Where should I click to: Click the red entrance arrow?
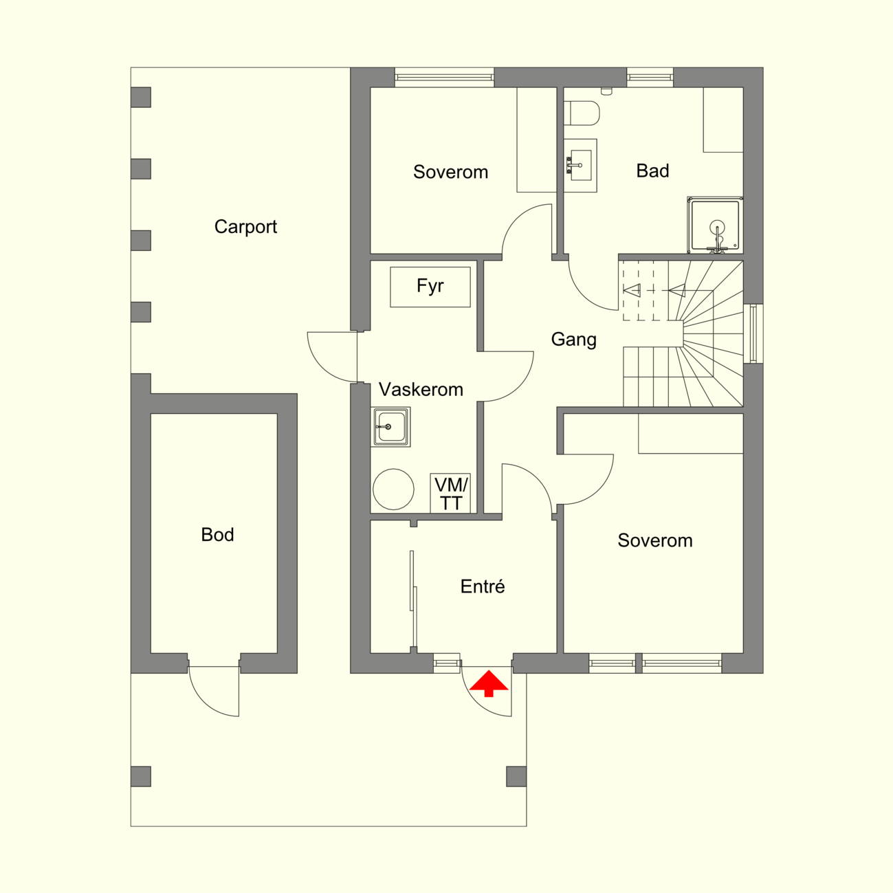coord(489,683)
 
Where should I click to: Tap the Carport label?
coord(245,227)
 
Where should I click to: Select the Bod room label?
coord(217,535)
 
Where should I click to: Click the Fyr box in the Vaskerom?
coord(430,287)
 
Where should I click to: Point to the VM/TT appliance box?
coord(450,494)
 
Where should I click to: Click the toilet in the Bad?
coord(582,113)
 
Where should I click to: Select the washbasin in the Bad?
coord(580,166)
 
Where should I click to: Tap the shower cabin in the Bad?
coord(715,225)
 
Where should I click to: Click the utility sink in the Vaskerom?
coord(390,427)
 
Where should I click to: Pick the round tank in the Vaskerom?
coord(393,489)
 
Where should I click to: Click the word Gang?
coord(574,340)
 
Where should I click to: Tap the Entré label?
coord(483,586)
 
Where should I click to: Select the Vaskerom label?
coord(421,390)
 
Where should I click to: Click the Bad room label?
coord(652,171)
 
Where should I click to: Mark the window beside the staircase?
coord(753,333)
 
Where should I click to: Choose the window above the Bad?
coord(650,77)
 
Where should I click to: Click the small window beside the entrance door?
coord(447,663)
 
